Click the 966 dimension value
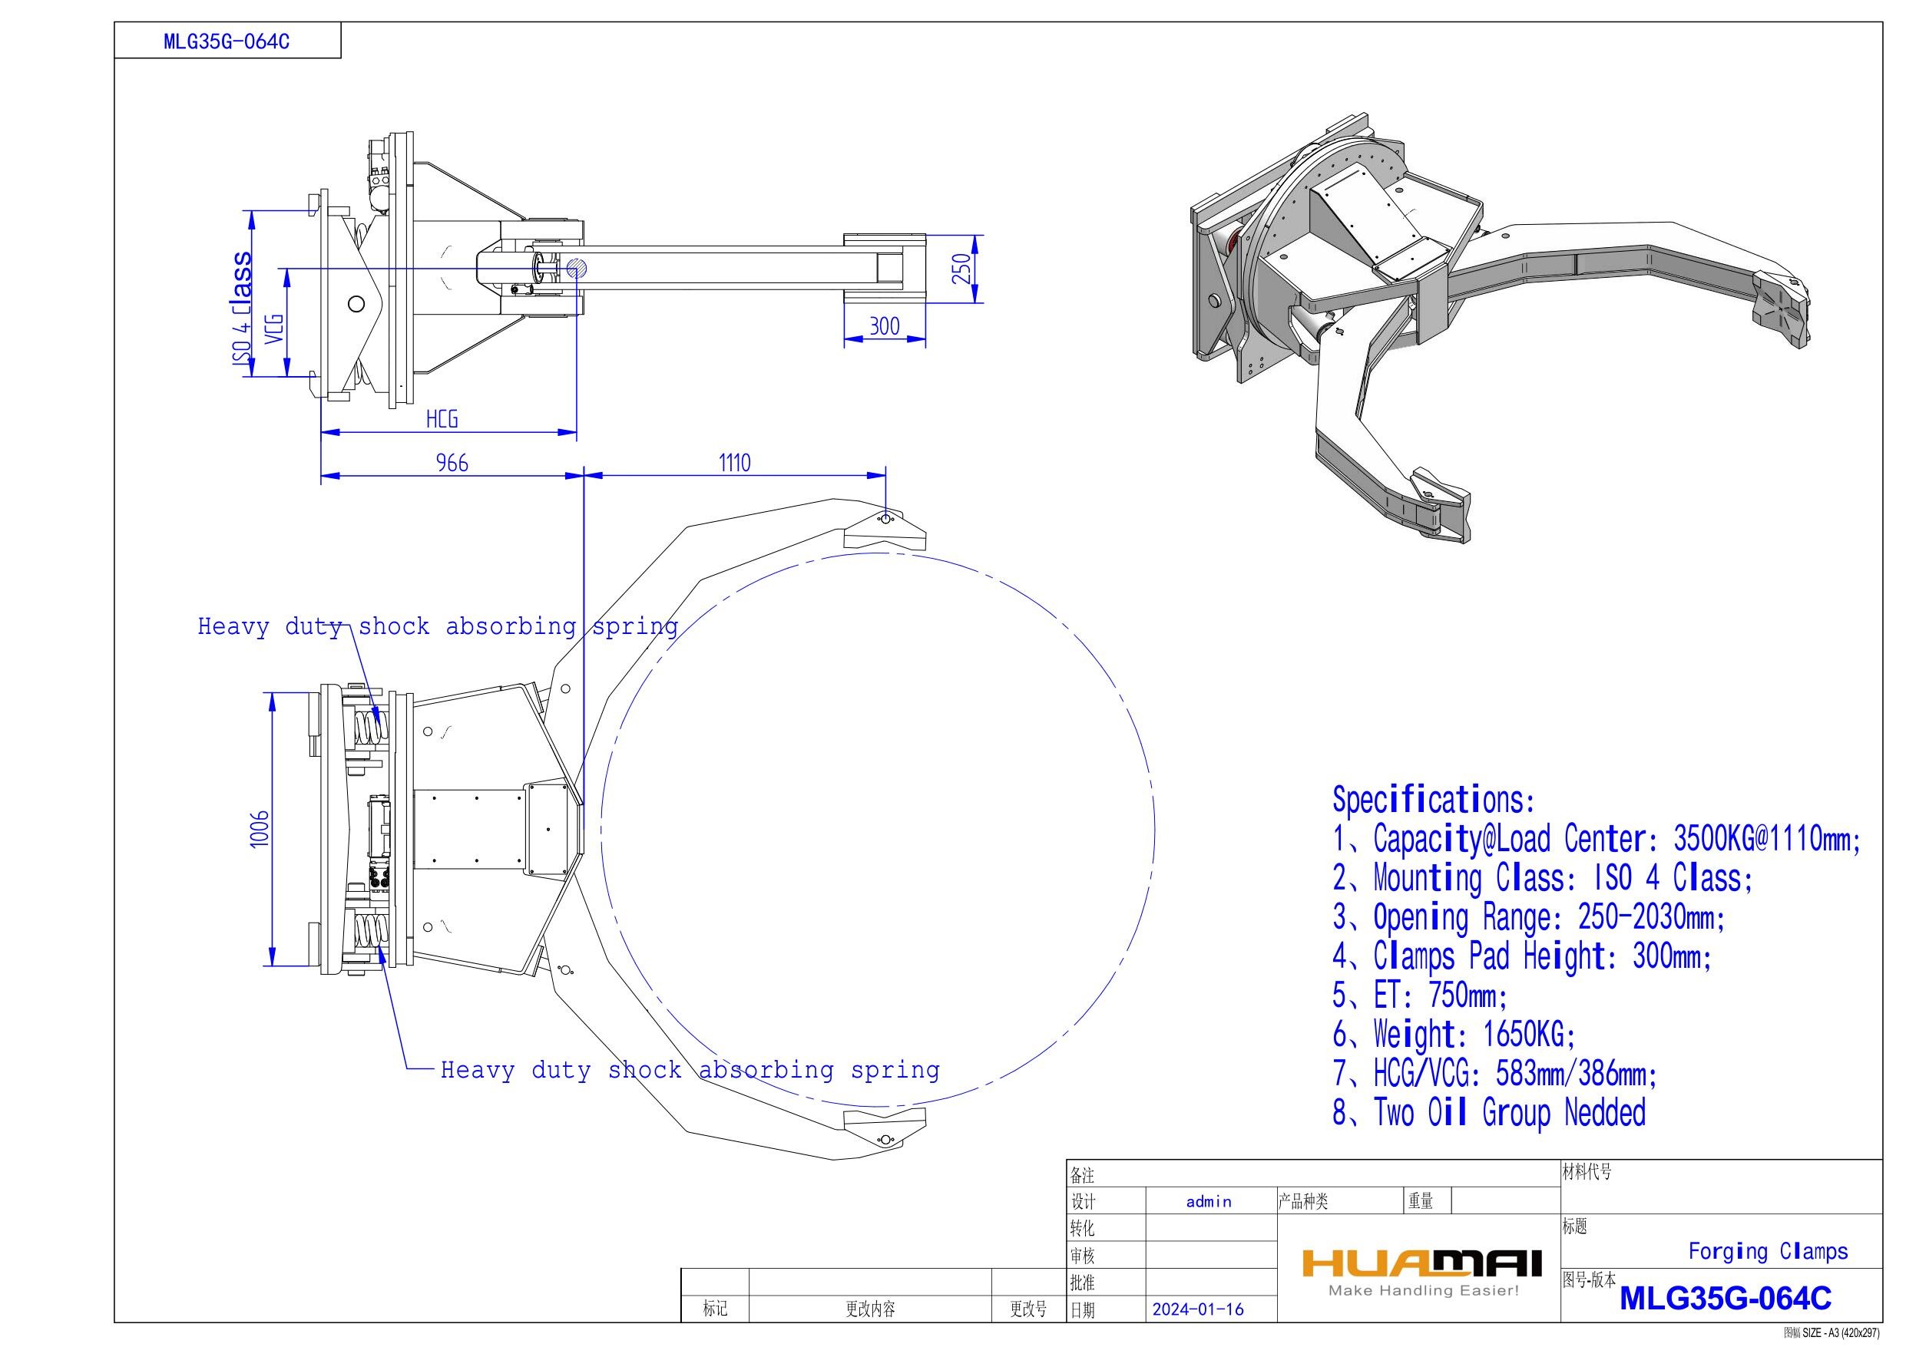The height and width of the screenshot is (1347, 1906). pos(452,462)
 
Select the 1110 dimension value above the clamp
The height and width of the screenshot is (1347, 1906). pos(734,462)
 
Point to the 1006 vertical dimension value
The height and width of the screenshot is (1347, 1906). pos(260,828)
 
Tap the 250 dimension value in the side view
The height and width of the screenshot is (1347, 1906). pos(961,269)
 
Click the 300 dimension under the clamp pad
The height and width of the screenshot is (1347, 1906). pos(884,326)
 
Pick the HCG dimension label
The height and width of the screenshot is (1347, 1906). pos(442,419)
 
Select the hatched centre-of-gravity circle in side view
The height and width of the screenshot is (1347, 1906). pos(577,268)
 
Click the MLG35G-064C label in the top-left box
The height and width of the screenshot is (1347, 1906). pos(227,42)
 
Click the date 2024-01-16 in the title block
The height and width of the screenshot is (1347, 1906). pos(1198,1309)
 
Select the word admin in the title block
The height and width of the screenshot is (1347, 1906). pos(1209,1201)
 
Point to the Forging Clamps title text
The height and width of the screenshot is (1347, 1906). pos(1769,1252)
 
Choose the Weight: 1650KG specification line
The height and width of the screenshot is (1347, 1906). pos(1454,1034)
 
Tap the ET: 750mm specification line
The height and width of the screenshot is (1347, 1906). pos(1420,995)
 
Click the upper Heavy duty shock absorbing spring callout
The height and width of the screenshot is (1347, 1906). pos(438,626)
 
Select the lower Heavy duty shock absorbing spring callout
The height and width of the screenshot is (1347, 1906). pos(689,1070)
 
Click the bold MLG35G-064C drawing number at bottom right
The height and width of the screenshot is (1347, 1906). pos(1725,1298)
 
